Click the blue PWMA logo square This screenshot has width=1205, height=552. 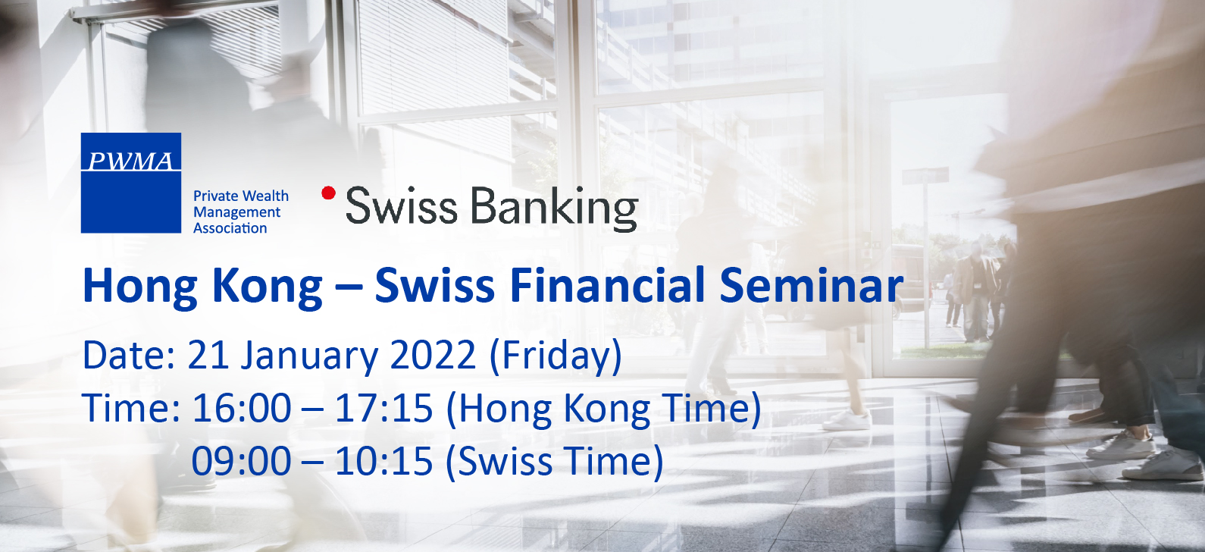tap(130, 183)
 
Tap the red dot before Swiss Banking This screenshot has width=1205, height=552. tap(328, 193)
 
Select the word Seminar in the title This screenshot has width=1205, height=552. tap(811, 285)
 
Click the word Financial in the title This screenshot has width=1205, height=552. tap(607, 285)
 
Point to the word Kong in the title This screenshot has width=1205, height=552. tap(268, 289)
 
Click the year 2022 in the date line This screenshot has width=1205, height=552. tap(433, 355)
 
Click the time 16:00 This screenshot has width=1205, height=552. tap(242, 409)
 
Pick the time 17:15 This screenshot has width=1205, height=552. tap(383, 409)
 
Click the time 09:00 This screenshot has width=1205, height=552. tap(242, 461)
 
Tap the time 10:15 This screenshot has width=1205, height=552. tap(383, 461)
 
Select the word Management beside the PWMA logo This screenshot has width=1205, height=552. tap(236, 213)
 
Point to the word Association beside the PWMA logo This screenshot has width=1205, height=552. tap(230, 228)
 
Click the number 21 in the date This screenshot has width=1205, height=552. tap(208, 355)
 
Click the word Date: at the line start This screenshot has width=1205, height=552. tap(129, 355)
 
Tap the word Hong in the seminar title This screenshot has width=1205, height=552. tap(140, 289)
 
